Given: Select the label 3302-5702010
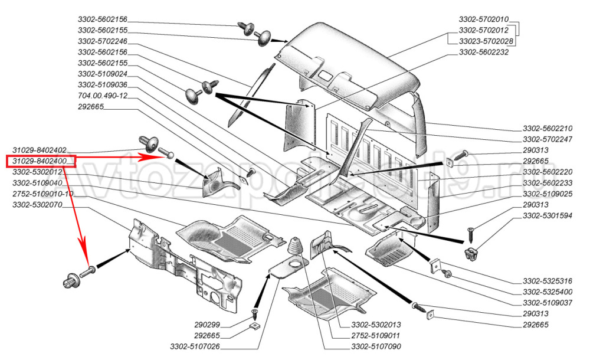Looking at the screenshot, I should pos(484,19).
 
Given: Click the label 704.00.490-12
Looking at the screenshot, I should pos(102,96).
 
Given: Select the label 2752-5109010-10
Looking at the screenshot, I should pos(43,194).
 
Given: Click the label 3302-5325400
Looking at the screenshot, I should pos(548,292).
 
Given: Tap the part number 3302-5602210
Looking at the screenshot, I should pos(548,129).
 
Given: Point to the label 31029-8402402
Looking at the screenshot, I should pos(39,150).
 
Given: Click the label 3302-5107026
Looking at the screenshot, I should pos(195,346).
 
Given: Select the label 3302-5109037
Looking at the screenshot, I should pos(548,303).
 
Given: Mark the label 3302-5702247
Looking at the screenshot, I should pos(548,140).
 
